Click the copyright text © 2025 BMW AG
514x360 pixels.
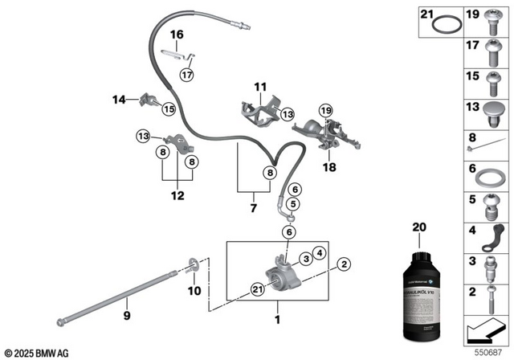pyautogui.click(x=37, y=352)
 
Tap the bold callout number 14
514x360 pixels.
pyautogui.click(x=119, y=100)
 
